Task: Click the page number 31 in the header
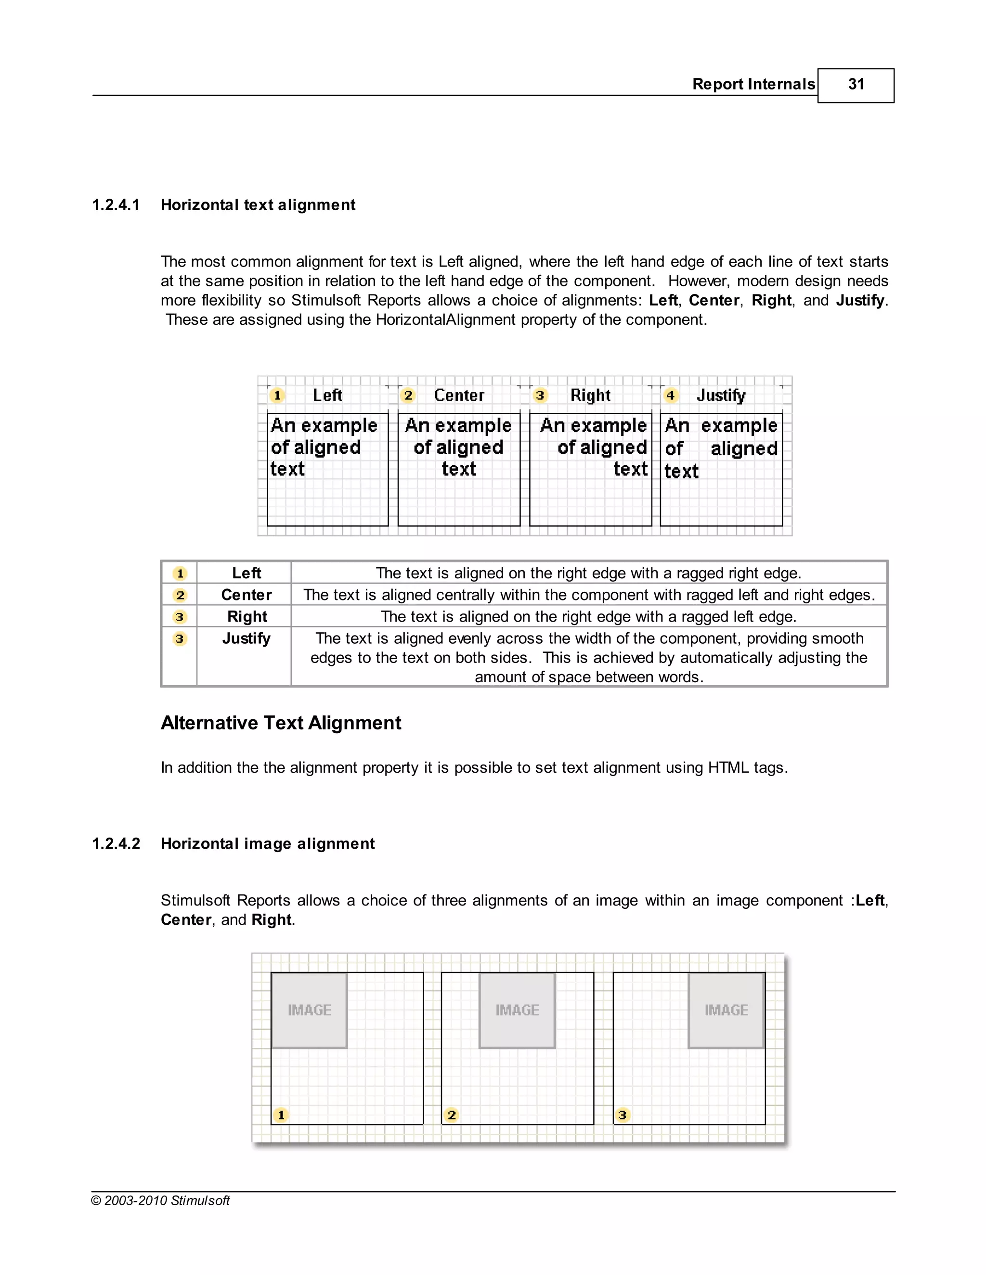(856, 85)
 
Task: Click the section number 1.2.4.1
(116, 205)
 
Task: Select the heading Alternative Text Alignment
(281, 723)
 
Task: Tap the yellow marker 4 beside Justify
(671, 395)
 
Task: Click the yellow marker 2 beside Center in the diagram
(408, 395)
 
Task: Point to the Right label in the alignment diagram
(590, 395)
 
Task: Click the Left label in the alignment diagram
(327, 395)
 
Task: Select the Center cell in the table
(246, 595)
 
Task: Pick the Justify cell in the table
(246, 638)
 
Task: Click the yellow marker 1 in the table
(180, 574)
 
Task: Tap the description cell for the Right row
(588, 616)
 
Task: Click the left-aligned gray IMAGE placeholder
(309, 1010)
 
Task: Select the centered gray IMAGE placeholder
(517, 1010)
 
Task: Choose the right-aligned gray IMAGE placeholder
(726, 1010)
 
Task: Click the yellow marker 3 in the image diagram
(622, 1115)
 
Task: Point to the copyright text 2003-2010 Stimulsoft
(161, 1201)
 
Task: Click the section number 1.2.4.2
(116, 843)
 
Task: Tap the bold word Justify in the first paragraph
(860, 301)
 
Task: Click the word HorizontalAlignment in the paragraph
(446, 320)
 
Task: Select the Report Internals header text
(753, 85)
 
